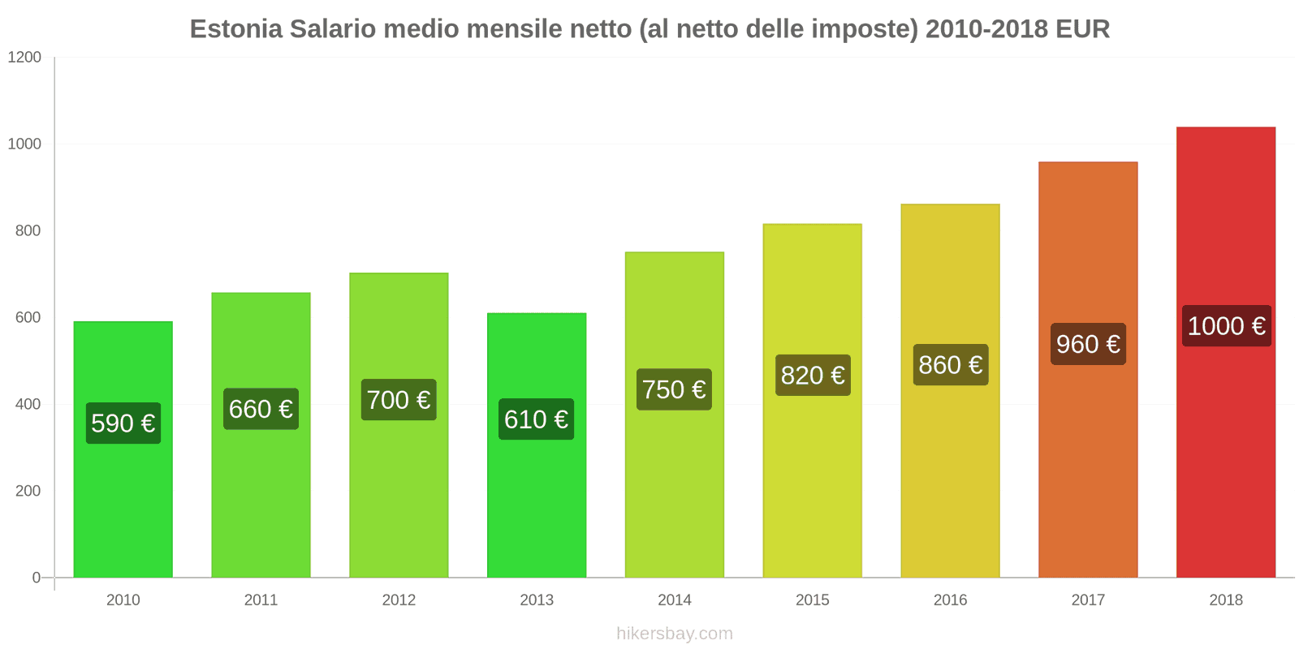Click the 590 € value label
pyautogui.click(x=123, y=423)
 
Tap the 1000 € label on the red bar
pyautogui.click(x=1226, y=326)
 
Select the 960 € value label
pyautogui.click(x=1088, y=344)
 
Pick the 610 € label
pyautogui.click(x=536, y=419)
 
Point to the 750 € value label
pyautogui.click(x=674, y=389)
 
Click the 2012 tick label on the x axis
pyautogui.click(x=399, y=600)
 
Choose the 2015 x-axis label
pyautogui.click(x=812, y=600)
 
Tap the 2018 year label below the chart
pyautogui.click(x=1225, y=600)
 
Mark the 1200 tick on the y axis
pyautogui.click(x=24, y=58)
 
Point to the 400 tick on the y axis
pyautogui.click(x=28, y=404)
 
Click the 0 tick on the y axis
pyautogui.click(x=36, y=578)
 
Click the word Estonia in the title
pyautogui.click(x=235, y=29)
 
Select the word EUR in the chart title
pyautogui.click(x=1082, y=29)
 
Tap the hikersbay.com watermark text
pyautogui.click(x=674, y=634)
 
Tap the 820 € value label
pyautogui.click(x=813, y=376)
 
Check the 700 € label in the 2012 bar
pyautogui.click(x=399, y=400)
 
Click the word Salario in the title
pyautogui.click(x=333, y=29)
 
